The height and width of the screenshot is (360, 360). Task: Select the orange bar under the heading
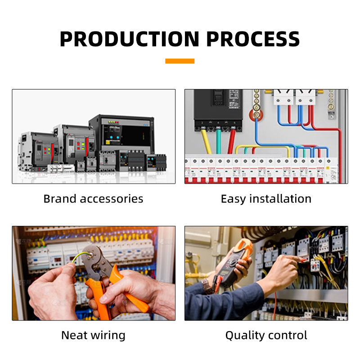180,61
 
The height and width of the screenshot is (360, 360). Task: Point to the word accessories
112,198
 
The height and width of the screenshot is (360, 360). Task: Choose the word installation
281,198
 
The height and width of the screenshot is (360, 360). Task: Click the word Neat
75,335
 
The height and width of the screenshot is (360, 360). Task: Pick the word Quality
244,335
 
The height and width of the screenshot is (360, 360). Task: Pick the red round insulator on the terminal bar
256,115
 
